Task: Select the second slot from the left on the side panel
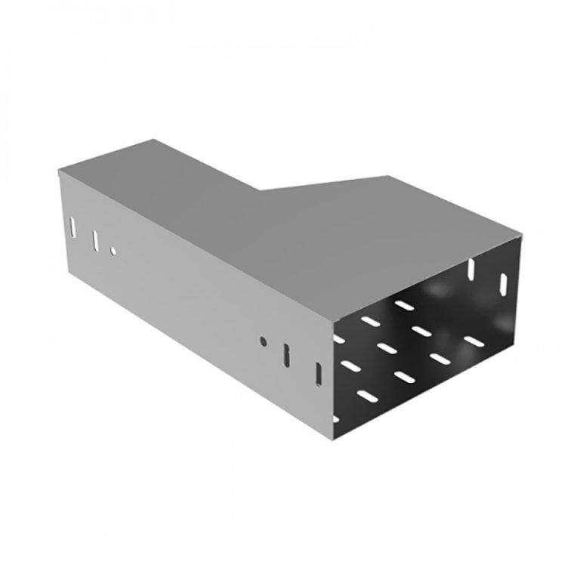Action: coord(95,239)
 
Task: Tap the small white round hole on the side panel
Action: coord(113,251)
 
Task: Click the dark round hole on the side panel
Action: coord(263,341)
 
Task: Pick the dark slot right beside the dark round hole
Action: coord(286,356)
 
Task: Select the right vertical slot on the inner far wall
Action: coord(501,285)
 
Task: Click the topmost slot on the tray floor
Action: coord(404,305)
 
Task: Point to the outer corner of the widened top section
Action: coord(390,175)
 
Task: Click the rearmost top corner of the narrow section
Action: coord(154,139)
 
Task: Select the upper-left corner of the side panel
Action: coord(58,171)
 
